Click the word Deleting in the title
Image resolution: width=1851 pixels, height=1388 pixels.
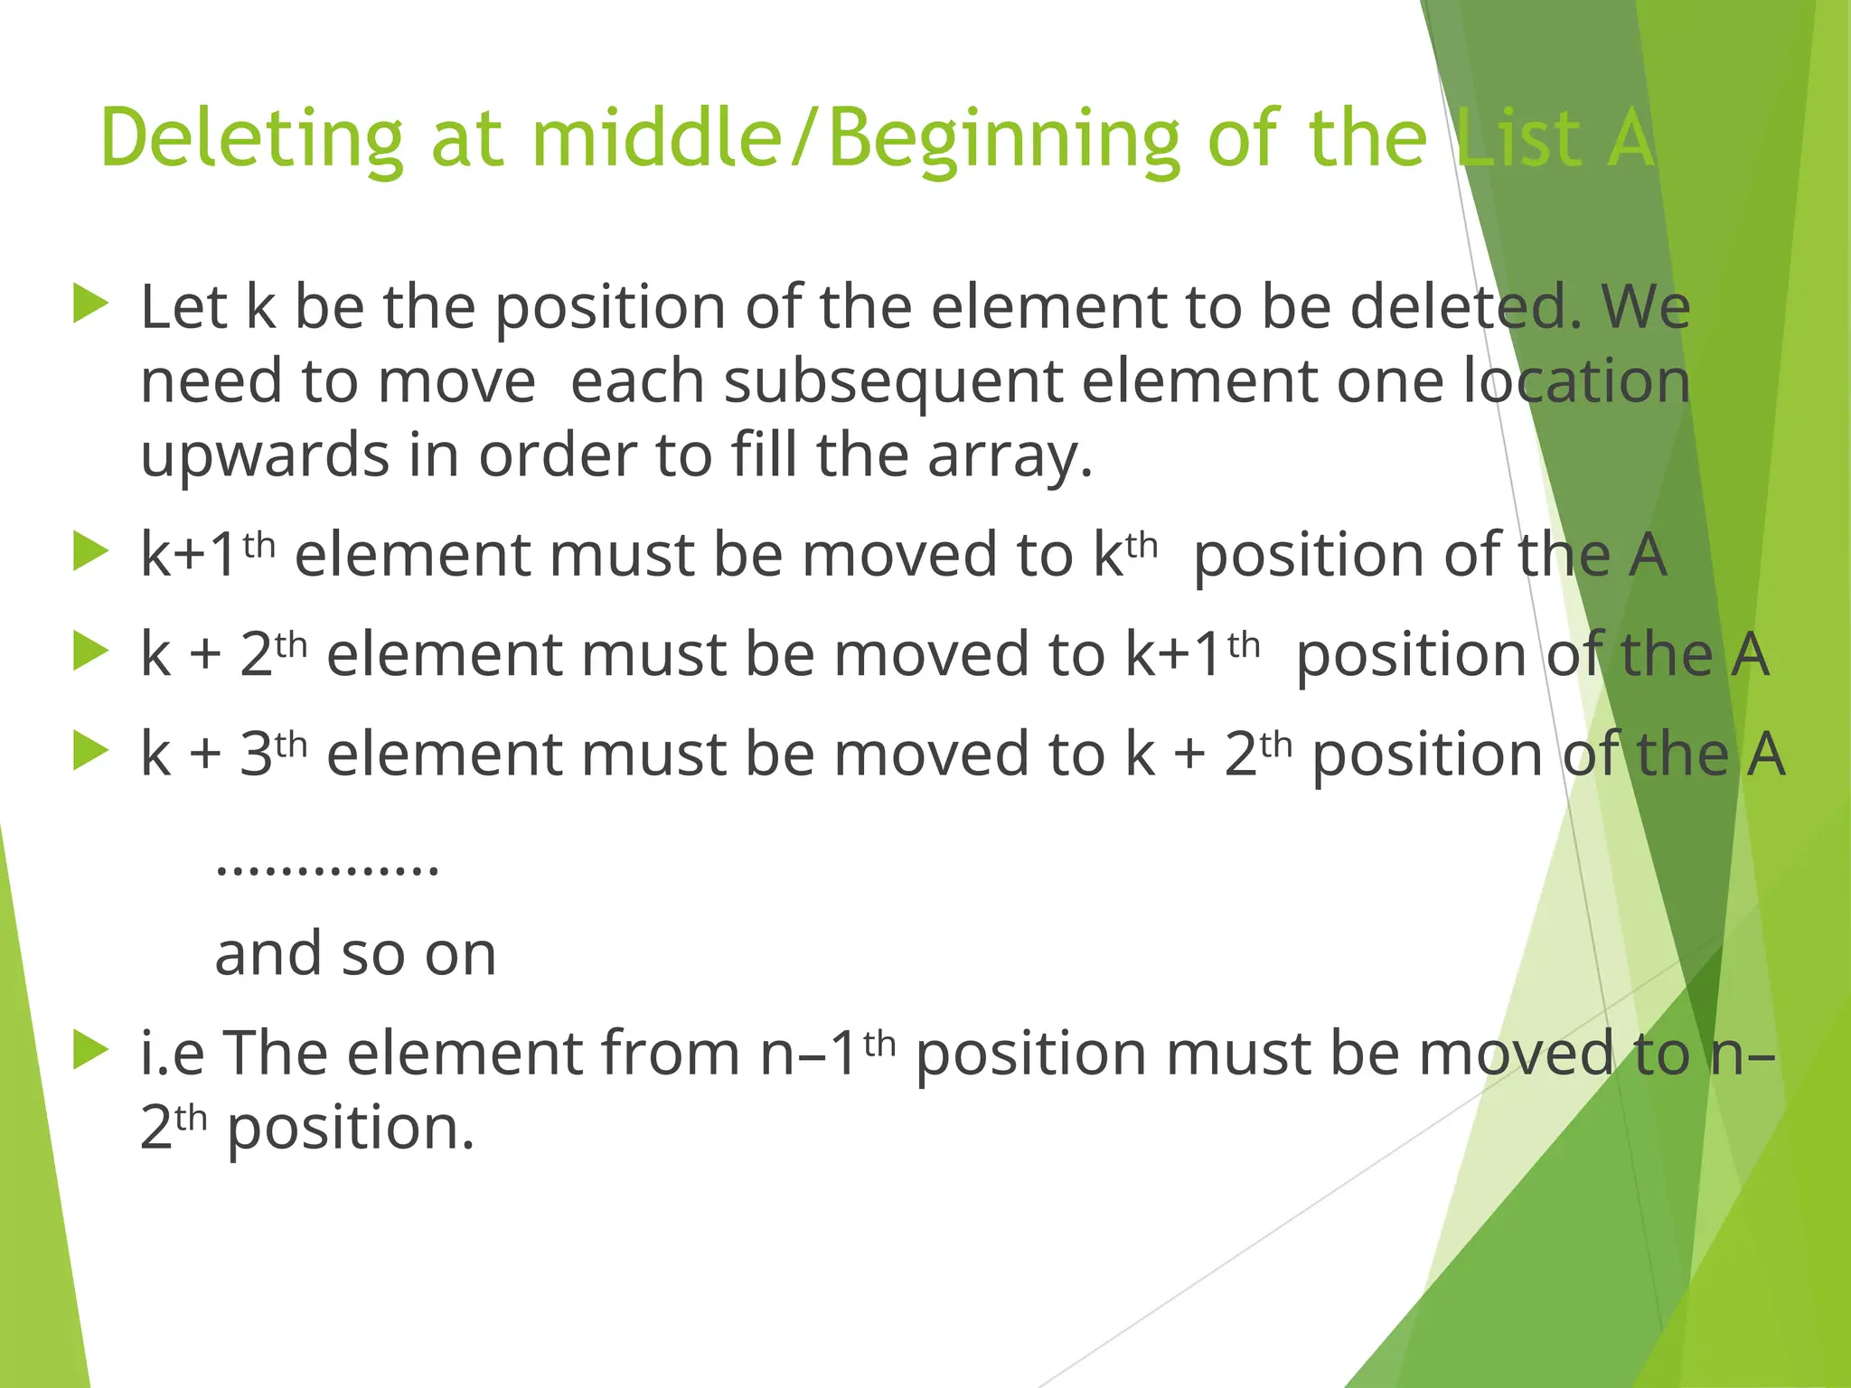tap(251, 140)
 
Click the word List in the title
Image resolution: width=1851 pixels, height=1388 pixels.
tap(1518, 140)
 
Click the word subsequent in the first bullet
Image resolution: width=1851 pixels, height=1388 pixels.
tap(892, 381)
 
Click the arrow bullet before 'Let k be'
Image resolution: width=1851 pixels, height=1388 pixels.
tap(90, 304)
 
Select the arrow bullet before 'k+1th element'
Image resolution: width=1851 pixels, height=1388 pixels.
tap(90, 551)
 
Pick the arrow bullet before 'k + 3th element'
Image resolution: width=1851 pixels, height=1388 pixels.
tap(90, 750)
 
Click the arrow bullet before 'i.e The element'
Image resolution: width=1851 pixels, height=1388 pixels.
tap(90, 1050)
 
